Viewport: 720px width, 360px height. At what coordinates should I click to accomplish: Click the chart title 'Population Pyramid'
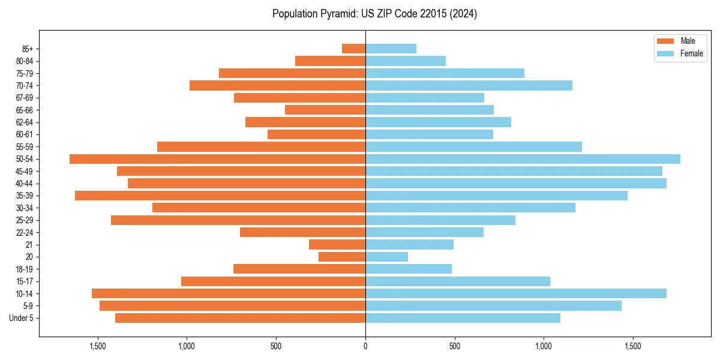[x=374, y=14]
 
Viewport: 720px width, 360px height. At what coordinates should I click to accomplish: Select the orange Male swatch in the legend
[x=666, y=41]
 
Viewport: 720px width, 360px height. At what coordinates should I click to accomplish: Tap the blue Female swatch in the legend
[x=666, y=53]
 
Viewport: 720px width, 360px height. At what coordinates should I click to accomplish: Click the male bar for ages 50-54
[x=217, y=159]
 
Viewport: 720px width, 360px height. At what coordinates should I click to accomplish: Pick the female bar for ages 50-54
[x=523, y=159]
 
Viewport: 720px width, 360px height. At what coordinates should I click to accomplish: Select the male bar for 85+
[x=353, y=49]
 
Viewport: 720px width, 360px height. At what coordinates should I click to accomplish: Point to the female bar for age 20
[x=386, y=257]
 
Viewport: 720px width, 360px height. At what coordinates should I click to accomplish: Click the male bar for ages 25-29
[x=238, y=220]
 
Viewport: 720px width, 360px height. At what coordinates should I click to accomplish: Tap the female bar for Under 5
[x=463, y=318]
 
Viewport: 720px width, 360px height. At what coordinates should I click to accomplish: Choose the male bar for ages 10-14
[x=229, y=293]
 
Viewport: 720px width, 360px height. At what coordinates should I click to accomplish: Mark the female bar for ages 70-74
[x=469, y=85]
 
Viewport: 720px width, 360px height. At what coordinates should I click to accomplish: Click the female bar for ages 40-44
[x=515, y=184]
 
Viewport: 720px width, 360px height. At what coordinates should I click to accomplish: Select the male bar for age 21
[x=337, y=245]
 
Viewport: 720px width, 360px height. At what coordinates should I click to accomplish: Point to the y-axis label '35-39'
[x=24, y=196]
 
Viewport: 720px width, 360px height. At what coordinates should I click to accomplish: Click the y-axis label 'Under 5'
[x=21, y=318]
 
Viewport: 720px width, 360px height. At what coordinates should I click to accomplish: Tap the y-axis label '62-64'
[x=24, y=122]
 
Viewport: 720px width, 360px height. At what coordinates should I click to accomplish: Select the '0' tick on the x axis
[x=365, y=346]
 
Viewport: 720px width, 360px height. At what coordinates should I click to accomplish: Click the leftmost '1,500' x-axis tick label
[x=98, y=346]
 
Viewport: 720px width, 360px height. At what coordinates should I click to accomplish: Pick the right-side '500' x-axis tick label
[x=454, y=346]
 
